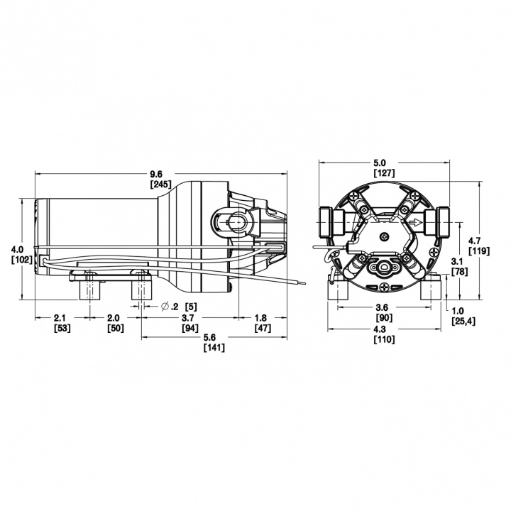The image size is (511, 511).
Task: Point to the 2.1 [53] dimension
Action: click(x=60, y=323)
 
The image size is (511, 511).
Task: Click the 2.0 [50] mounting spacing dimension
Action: click(x=114, y=323)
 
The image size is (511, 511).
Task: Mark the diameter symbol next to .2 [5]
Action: click(x=165, y=306)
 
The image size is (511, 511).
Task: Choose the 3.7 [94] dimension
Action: click(x=189, y=323)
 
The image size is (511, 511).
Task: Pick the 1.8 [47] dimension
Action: click(x=261, y=323)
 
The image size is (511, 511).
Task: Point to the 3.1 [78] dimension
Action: click(x=458, y=266)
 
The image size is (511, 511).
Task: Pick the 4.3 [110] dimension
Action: click(x=384, y=334)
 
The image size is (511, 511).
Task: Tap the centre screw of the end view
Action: click(x=384, y=237)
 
